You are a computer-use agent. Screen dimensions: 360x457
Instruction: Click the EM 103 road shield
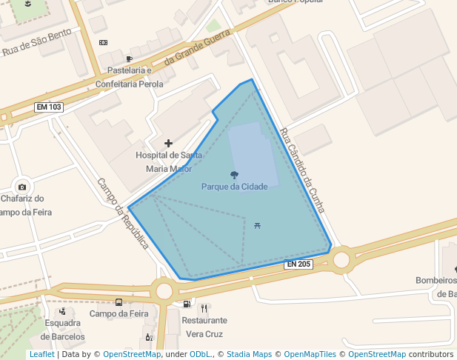(49, 107)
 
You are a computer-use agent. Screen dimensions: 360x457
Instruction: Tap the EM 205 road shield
(298, 264)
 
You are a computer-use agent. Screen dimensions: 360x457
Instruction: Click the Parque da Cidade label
(234, 187)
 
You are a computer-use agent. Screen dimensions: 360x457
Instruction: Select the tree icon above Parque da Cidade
(235, 175)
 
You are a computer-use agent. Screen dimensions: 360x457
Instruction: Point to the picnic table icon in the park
(256, 224)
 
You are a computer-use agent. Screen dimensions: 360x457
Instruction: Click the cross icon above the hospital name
(168, 143)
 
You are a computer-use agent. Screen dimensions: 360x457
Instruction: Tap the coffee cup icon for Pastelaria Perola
(130, 59)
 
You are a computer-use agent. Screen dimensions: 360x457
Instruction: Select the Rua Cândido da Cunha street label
(302, 170)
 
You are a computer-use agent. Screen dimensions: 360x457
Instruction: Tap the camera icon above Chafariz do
(22, 187)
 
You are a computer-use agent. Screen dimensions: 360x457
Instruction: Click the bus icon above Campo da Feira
(119, 301)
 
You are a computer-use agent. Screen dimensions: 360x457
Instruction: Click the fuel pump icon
(186, 304)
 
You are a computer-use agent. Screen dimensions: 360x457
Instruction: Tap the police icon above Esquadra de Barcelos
(62, 311)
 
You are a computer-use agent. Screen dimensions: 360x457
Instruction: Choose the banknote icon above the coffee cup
(102, 43)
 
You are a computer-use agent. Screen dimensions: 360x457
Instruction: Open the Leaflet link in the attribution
(41, 355)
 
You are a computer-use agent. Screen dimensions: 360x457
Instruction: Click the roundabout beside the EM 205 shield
(341, 259)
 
